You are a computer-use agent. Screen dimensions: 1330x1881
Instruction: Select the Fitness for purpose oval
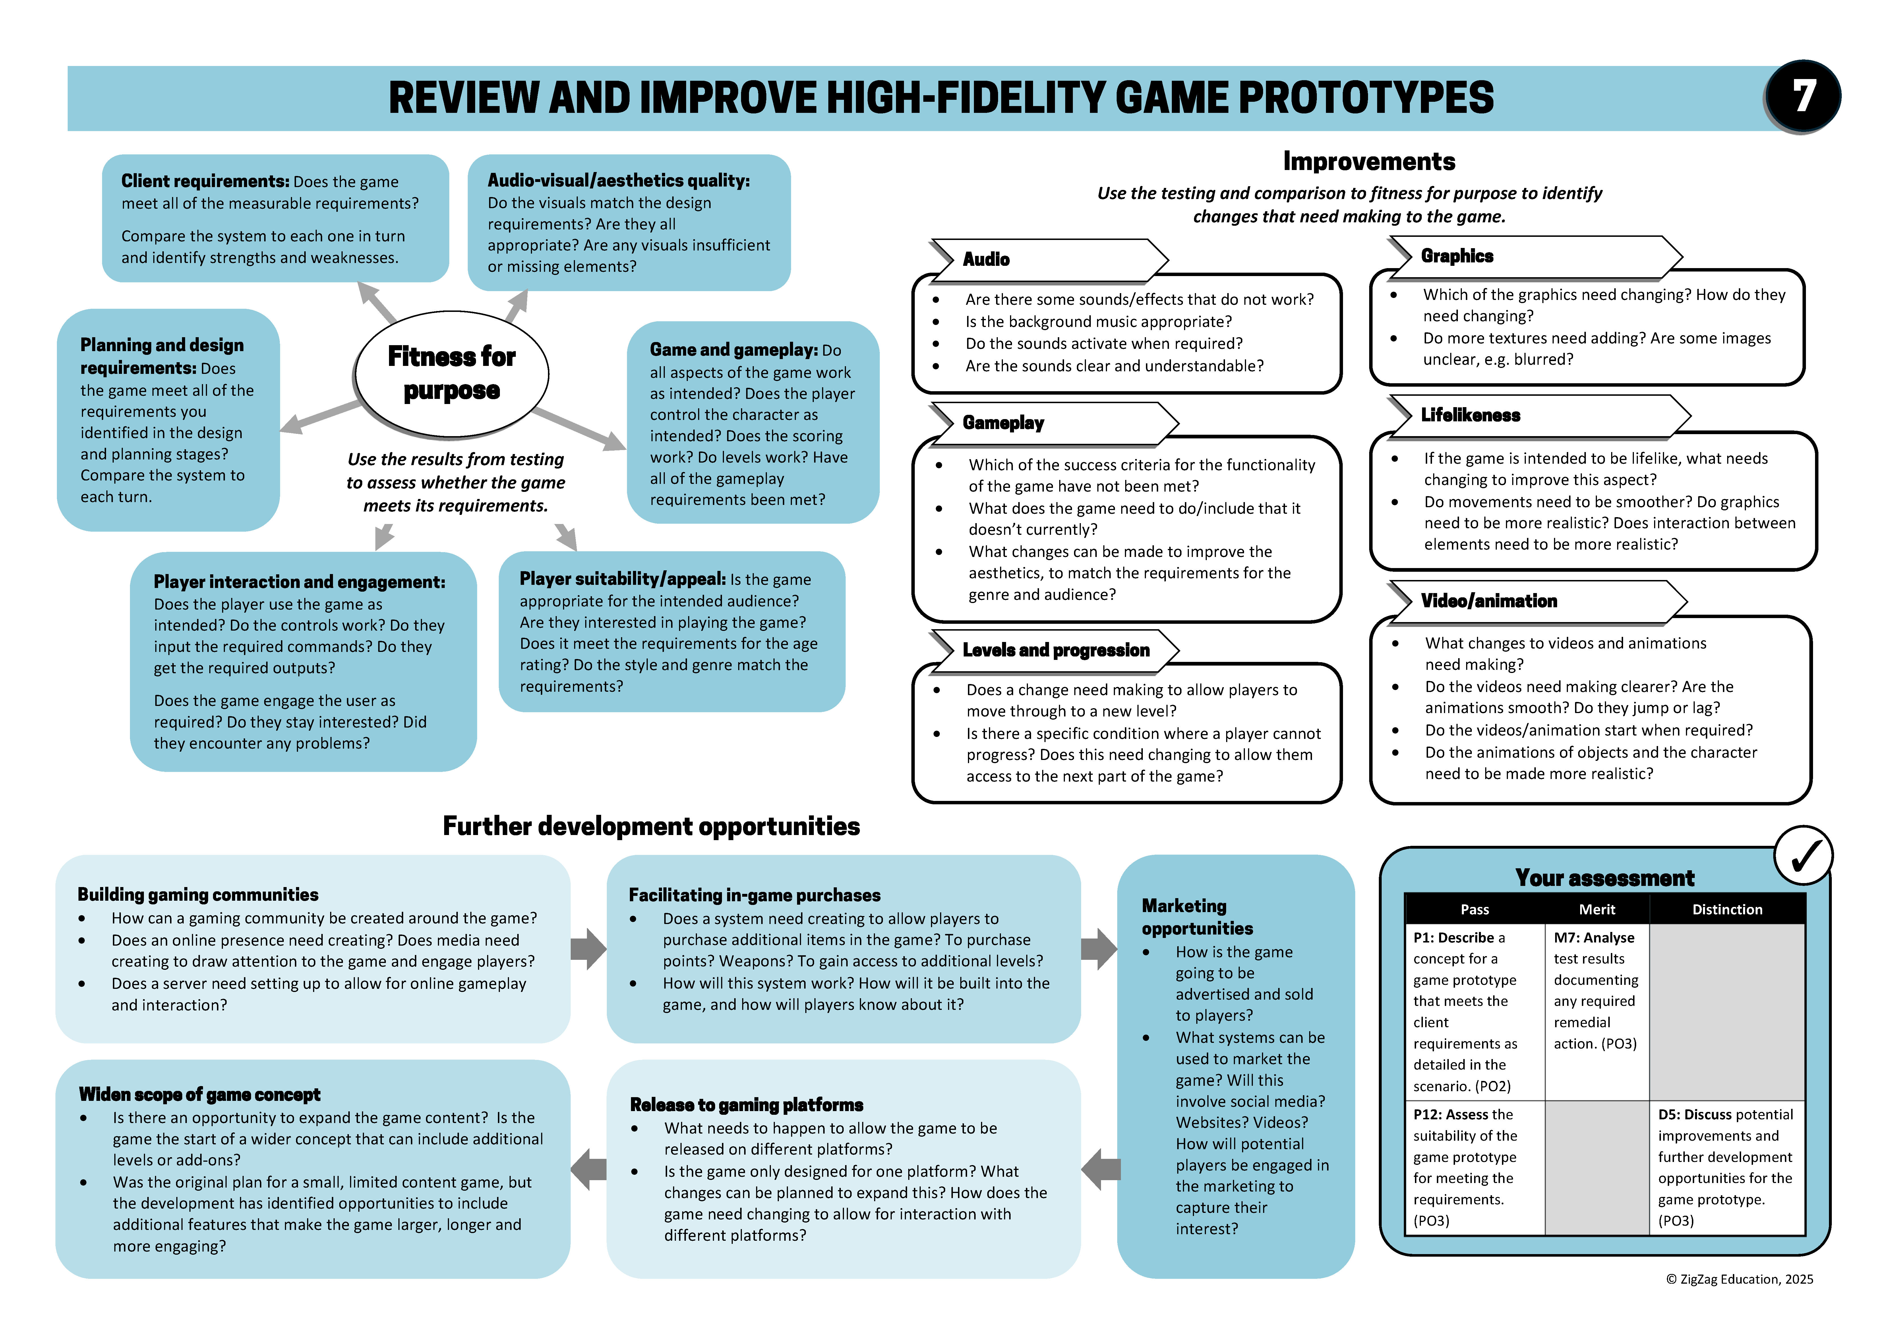(x=451, y=374)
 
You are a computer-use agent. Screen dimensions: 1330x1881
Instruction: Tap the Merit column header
(x=1597, y=909)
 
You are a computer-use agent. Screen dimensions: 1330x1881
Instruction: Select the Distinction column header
(x=1727, y=909)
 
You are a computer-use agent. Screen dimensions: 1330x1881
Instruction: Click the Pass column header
(x=1475, y=909)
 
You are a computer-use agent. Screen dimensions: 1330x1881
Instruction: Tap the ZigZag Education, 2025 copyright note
(x=1739, y=1279)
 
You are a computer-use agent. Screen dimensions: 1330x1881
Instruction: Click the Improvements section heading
(x=1369, y=161)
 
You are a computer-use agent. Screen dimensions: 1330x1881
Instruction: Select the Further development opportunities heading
(x=651, y=826)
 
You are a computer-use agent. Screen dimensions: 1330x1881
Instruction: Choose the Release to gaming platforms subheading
(x=746, y=1105)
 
